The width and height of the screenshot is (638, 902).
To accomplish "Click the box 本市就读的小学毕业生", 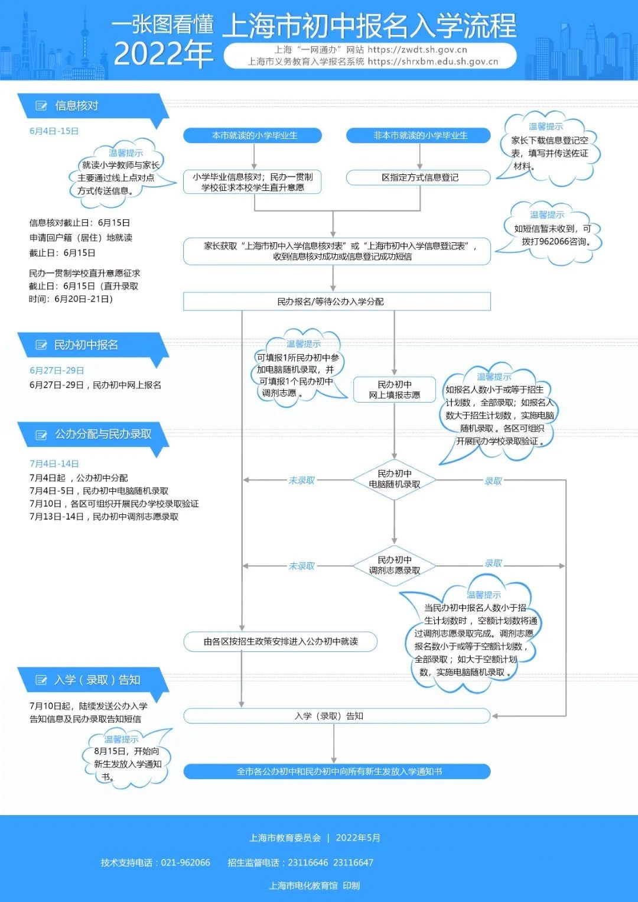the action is click(x=252, y=135).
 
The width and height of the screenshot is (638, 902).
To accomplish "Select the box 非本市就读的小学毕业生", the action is click(x=419, y=135).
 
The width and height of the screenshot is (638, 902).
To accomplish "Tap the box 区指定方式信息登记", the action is click(x=419, y=177).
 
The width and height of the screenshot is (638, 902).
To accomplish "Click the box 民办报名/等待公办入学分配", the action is click(x=337, y=301).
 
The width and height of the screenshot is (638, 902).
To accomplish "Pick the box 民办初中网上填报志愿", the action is click(x=395, y=390).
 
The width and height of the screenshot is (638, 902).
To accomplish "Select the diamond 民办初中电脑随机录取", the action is click(x=395, y=479).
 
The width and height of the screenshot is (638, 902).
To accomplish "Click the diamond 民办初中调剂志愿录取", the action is click(x=395, y=566).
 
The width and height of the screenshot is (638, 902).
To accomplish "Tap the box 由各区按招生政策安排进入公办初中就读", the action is click(x=281, y=641).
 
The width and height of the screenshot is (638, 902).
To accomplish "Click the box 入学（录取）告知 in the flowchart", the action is click(x=337, y=716).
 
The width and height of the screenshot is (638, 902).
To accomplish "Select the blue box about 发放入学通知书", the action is click(x=337, y=771).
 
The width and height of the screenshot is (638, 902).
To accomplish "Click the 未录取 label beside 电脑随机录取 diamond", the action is click(x=301, y=480).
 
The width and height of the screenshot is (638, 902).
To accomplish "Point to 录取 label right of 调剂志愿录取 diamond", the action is click(x=493, y=563).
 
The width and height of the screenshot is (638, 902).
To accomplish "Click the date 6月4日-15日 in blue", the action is click(x=54, y=131).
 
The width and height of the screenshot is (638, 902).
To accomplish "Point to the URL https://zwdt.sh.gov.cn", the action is click(x=418, y=50).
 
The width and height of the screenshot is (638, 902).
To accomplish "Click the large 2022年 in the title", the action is click(x=163, y=54).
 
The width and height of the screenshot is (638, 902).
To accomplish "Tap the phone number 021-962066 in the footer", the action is click(x=185, y=862).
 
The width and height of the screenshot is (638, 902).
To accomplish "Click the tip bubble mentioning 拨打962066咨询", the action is click(x=551, y=233).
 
